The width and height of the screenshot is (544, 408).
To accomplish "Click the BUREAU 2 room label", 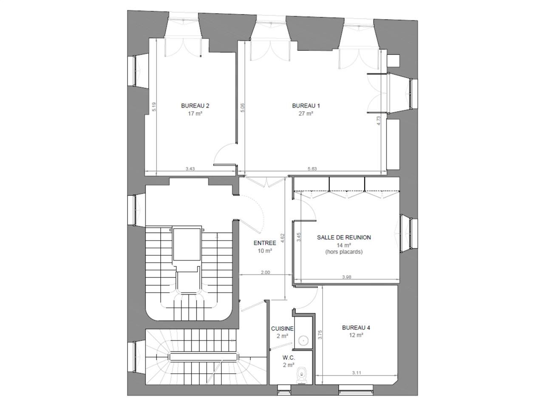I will [195, 106].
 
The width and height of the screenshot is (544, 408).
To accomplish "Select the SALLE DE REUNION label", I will [344, 238].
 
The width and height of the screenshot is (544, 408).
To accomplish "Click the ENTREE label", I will [265, 243].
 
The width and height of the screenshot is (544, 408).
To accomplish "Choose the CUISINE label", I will [282, 329].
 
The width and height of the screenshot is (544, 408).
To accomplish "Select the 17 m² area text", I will [195, 113].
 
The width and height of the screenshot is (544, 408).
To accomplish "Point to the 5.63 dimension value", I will [312, 169].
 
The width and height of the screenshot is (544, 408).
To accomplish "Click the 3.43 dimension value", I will [190, 169].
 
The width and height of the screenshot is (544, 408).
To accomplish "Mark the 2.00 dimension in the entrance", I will [265, 272].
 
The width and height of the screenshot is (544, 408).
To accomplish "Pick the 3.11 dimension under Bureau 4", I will [357, 373].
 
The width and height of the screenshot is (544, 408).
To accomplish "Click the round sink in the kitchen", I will [303, 340].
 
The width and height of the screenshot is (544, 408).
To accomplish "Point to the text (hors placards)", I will [344, 252].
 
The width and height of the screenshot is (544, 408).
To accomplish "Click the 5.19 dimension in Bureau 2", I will [154, 106].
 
